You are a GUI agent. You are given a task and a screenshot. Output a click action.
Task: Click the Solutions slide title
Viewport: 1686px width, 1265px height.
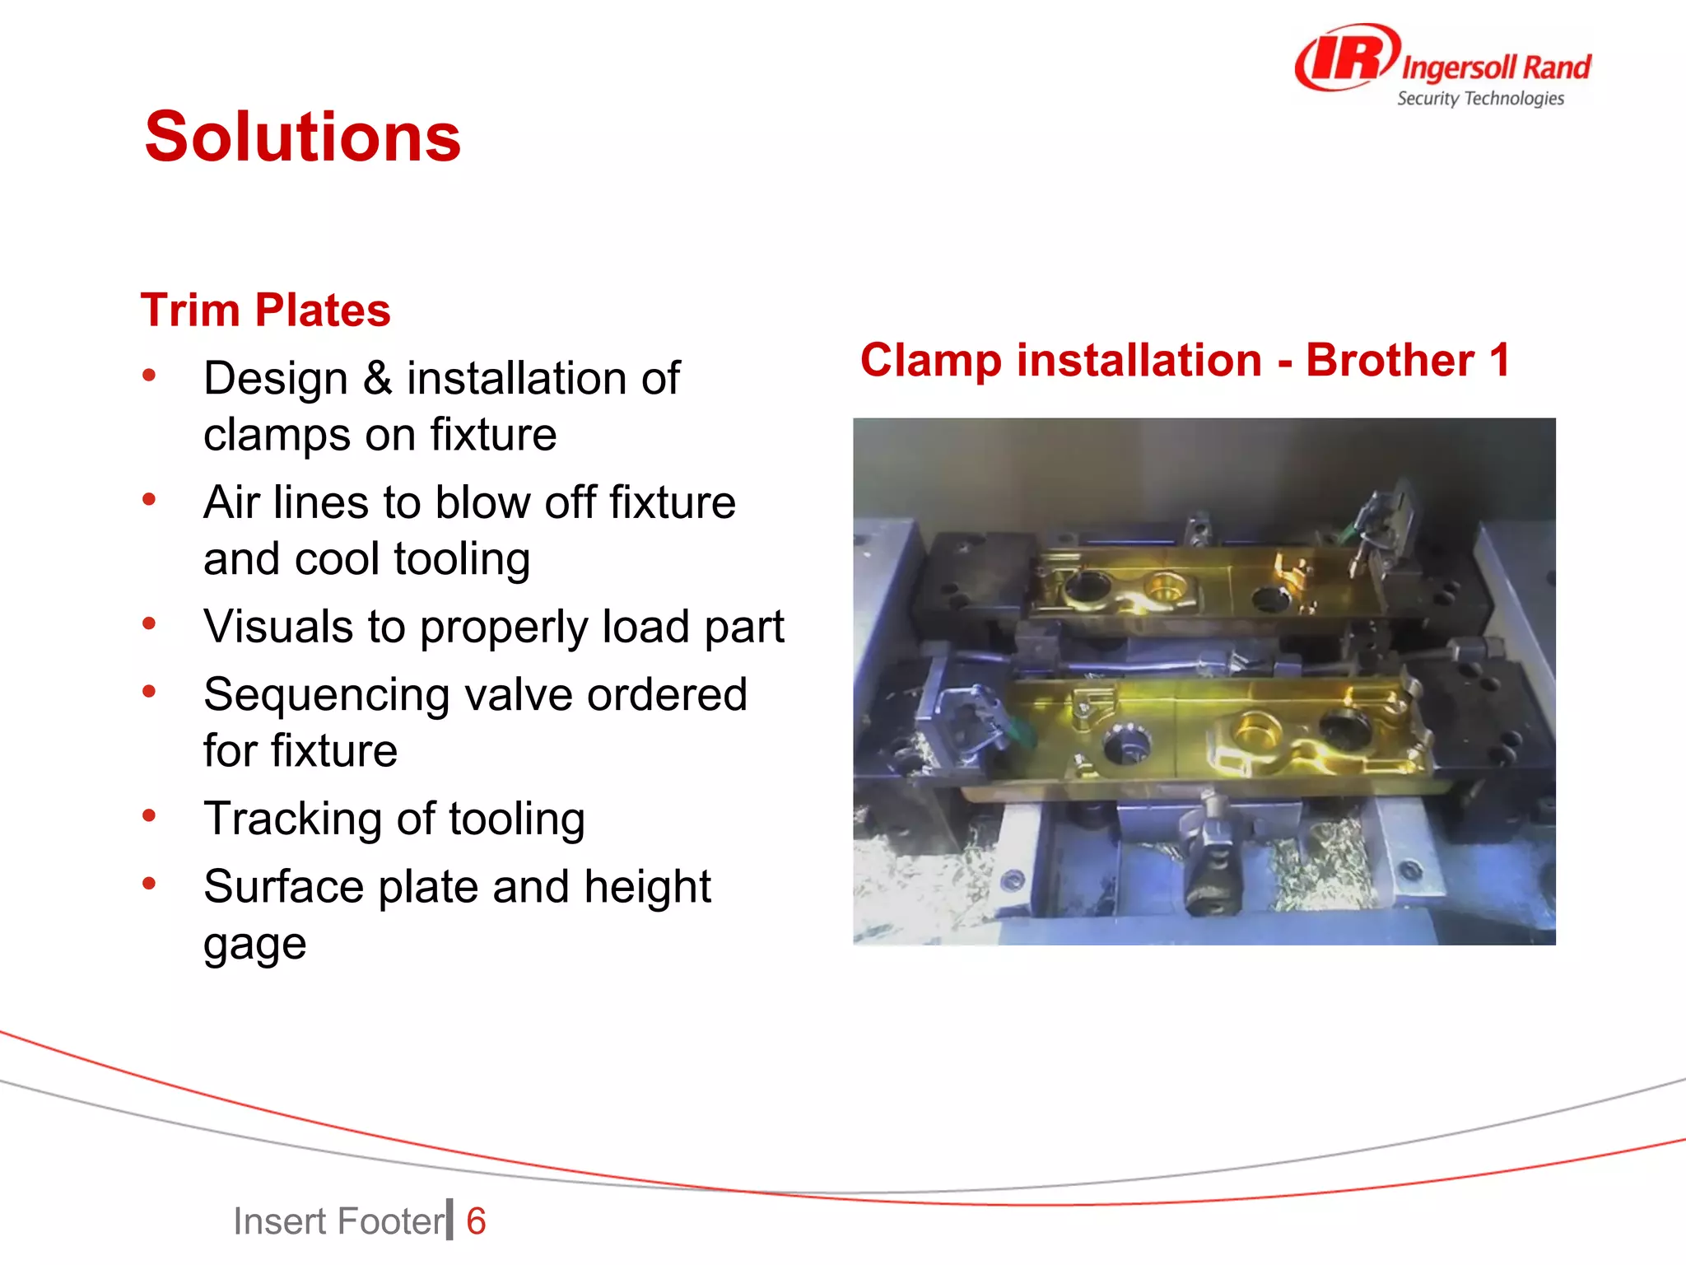point(302,138)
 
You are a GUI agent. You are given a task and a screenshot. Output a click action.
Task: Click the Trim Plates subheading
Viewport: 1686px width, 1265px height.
point(265,310)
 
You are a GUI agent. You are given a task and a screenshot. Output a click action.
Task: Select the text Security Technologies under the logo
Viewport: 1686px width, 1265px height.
point(1480,99)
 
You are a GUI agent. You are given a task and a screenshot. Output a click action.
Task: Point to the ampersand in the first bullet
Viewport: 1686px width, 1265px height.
point(377,379)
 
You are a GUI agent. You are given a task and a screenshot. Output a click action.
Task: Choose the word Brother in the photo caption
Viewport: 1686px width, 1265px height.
point(1390,360)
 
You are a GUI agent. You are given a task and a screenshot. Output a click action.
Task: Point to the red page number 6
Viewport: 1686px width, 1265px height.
point(476,1221)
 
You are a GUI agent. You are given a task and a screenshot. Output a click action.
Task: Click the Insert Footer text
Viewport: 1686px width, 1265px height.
point(338,1221)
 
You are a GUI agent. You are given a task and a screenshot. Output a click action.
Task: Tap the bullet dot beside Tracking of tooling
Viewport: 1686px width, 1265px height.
point(149,816)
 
